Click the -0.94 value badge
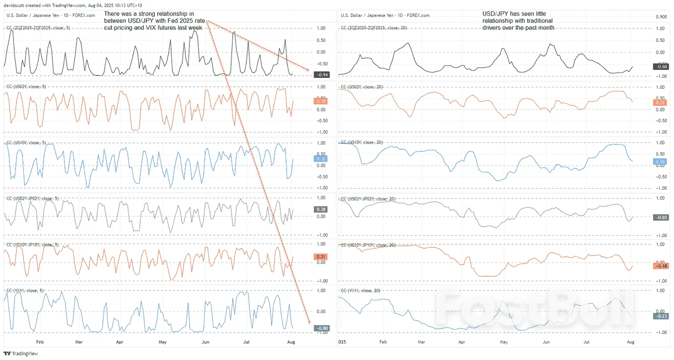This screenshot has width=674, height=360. click(320, 75)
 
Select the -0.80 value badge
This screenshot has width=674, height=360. click(320, 328)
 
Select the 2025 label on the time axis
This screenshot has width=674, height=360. click(342, 342)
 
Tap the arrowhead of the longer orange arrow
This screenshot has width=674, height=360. click(310, 322)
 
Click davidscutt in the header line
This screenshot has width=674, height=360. click(15, 5)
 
